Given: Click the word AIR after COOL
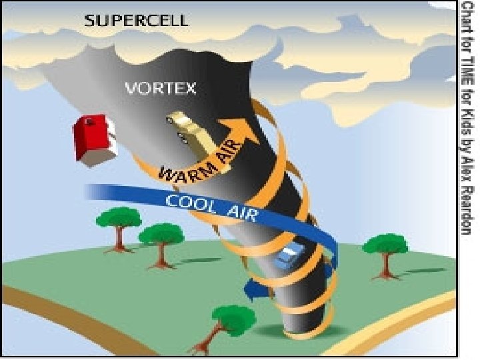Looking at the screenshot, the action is click(x=243, y=212).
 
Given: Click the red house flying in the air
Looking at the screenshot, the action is click(x=91, y=137).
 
